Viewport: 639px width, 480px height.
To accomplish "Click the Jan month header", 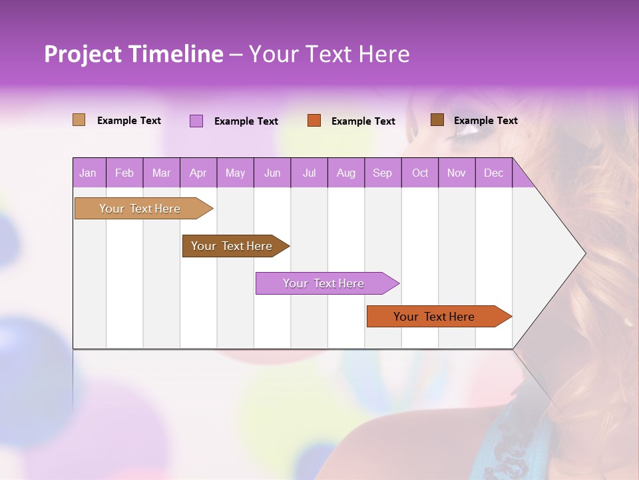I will click(x=88, y=173).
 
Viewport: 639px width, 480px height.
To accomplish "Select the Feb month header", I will click(x=124, y=173).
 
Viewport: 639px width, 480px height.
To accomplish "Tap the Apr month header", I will click(x=198, y=173).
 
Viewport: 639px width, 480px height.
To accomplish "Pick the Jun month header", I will click(x=272, y=173).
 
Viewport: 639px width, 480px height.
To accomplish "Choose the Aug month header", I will click(x=345, y=173).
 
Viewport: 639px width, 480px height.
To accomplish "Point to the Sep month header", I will click(x=382, y=173).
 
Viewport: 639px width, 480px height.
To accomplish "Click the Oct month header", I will click(x=420, y=173).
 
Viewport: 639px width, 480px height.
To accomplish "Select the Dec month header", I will click(x=493, y=173).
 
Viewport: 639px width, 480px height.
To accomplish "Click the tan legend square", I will click(x=79, y=120).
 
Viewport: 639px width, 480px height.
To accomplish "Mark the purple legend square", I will click(x=196, y=121).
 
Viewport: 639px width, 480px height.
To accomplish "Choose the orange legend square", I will click(x=314, y=121).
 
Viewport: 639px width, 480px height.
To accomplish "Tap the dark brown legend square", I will click(x=437, y=120).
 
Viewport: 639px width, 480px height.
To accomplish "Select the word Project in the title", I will click(x=83, y=54).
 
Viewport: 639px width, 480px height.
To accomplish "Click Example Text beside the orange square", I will click(x=363, y=121).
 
